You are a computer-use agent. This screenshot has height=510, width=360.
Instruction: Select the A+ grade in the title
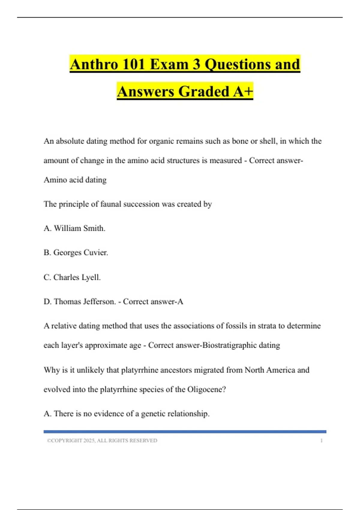pyautogui.click(x=243, y=91)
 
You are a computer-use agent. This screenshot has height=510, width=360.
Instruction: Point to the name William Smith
pyautogui.click(x=79, y=228)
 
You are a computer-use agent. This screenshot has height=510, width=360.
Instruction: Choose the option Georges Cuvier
pyautogui.click(x=80, y=253)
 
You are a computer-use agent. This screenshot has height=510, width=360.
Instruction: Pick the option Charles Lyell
pyautogui.click(x=76, y=277)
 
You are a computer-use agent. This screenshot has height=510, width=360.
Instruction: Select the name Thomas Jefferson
pyautogui.click(x=84, y=301)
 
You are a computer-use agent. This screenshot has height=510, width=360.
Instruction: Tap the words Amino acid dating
pyautogui.click(x=75, y=180)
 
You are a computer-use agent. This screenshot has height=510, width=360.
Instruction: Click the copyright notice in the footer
pyautogui.click(x=102, y=440)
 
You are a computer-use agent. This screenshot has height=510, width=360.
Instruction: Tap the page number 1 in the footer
pyautogui.click(x=321, y=440)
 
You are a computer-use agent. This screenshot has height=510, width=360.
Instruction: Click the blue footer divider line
pyautogui.click(x=185, y=432)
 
